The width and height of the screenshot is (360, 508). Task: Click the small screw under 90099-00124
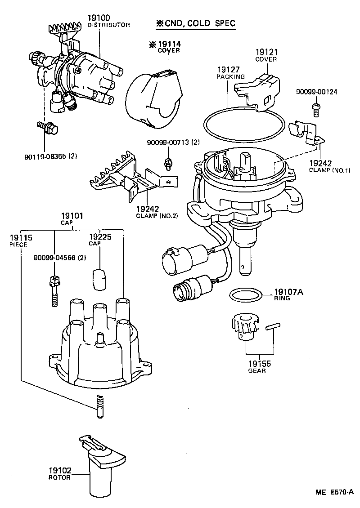click(x=315, y=107)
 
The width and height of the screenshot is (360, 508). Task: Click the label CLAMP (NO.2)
click(x=157, y=215)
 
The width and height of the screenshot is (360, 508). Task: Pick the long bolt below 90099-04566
click(x=54, y=290)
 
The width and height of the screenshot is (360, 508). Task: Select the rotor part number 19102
click(x=60, y=471)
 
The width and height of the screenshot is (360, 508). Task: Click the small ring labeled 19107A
click(x=246, y=295)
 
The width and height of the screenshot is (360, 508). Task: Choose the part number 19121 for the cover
click(x=266, y=53)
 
